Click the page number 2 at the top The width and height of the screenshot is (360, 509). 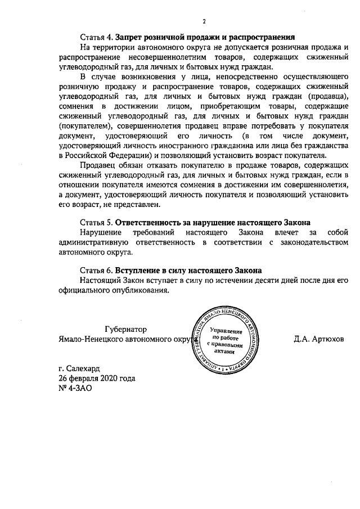(204, 22)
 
